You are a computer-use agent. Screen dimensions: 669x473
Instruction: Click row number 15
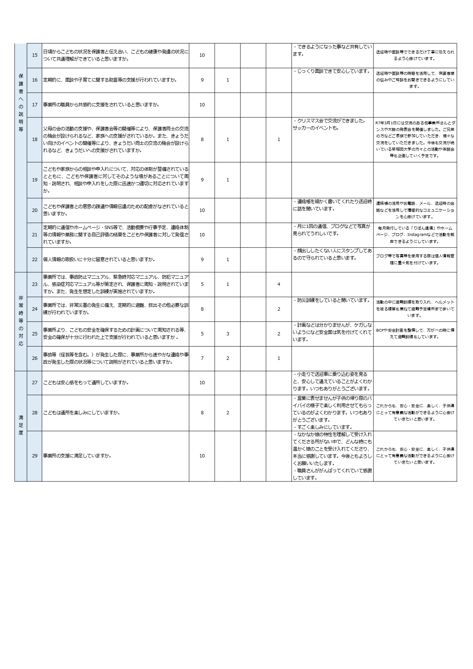click(35, 55)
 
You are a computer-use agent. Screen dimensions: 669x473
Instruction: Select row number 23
click(35, 284)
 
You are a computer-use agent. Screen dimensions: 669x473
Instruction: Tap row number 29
click(35, 456)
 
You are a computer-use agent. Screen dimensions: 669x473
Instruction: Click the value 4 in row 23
click(279, 284)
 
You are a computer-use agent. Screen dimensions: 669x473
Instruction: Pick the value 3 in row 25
click(228, 334)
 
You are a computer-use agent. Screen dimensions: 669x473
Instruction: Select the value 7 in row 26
click(202, 358)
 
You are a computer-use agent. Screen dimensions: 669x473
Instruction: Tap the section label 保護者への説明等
click(21, 102)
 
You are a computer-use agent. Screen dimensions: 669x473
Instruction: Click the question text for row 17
click(101, 105)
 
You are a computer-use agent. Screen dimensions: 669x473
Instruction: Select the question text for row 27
click(86, 383)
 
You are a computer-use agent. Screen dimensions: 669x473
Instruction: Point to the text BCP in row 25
click(380, 330)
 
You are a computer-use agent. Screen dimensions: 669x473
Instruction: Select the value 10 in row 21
click(202, 235)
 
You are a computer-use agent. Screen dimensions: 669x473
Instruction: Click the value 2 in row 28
click(228, 413)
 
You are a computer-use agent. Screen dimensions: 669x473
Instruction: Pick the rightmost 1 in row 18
click(279, 140)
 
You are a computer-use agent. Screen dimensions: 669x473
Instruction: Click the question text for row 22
click(99, 260)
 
